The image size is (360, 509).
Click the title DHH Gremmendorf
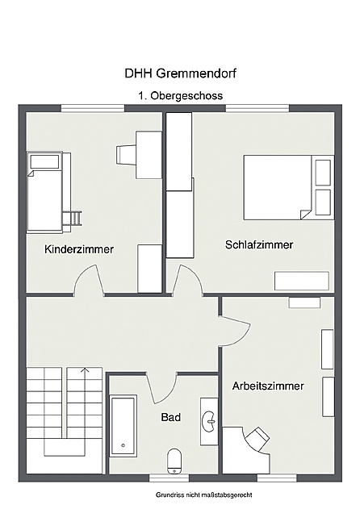[180, 73]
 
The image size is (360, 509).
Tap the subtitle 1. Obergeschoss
[180, 95]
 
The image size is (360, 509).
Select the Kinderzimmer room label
[79, 249]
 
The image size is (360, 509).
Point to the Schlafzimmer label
[259, 244]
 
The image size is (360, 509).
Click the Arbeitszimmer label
[268, 386]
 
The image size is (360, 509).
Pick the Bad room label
[170, 417]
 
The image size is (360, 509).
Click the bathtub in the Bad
[123, 424]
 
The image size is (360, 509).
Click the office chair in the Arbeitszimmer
[257, 436]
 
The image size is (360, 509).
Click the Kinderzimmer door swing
[89, 282]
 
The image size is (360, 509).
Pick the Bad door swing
[161, 386]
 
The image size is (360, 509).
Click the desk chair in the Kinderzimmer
[127, 153]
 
